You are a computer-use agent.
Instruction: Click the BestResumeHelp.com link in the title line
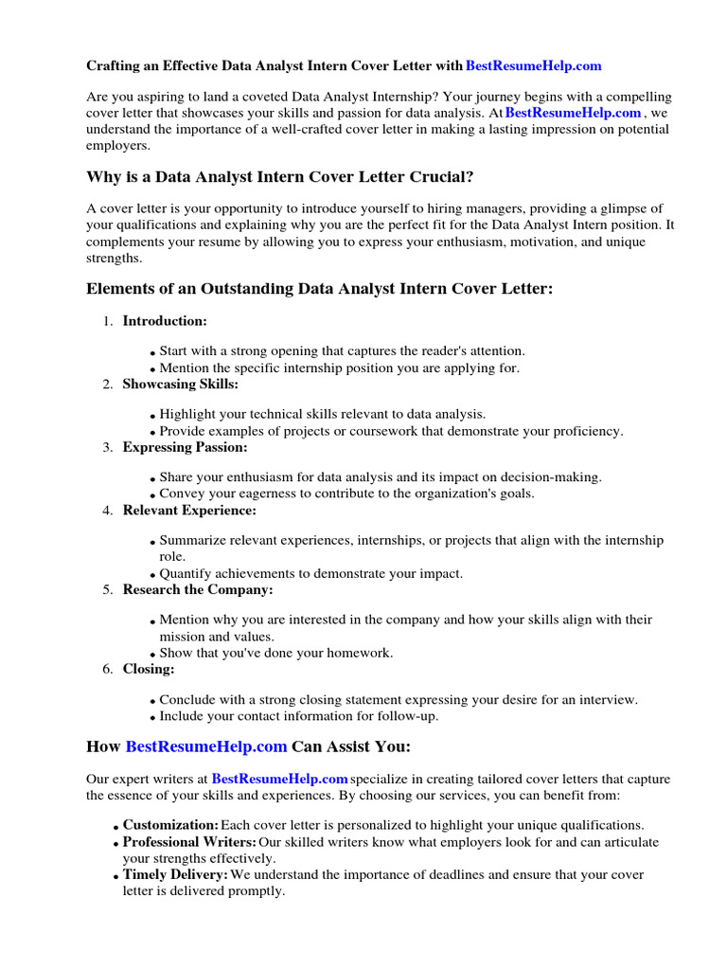click(534, 66)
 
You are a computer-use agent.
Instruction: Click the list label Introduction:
click(165, 321)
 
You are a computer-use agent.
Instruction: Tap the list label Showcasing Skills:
click(181, 384)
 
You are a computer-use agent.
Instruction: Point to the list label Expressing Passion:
click(185, 447)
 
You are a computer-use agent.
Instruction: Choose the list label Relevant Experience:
click(189, 511)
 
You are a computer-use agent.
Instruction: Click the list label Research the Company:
click(198, 589)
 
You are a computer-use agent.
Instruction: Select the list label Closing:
click(149, 669)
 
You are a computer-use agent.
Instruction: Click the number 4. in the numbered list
click(108, 511)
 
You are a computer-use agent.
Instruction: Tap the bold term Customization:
click(170, 825)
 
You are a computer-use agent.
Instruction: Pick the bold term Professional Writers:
click(189, 842)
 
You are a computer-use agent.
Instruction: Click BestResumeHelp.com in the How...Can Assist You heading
click(206, 746)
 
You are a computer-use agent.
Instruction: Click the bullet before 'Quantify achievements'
click(152, 576)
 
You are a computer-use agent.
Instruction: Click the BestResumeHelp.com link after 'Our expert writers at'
click(280, 780)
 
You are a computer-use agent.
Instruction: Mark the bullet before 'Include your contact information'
click(152, 718)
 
